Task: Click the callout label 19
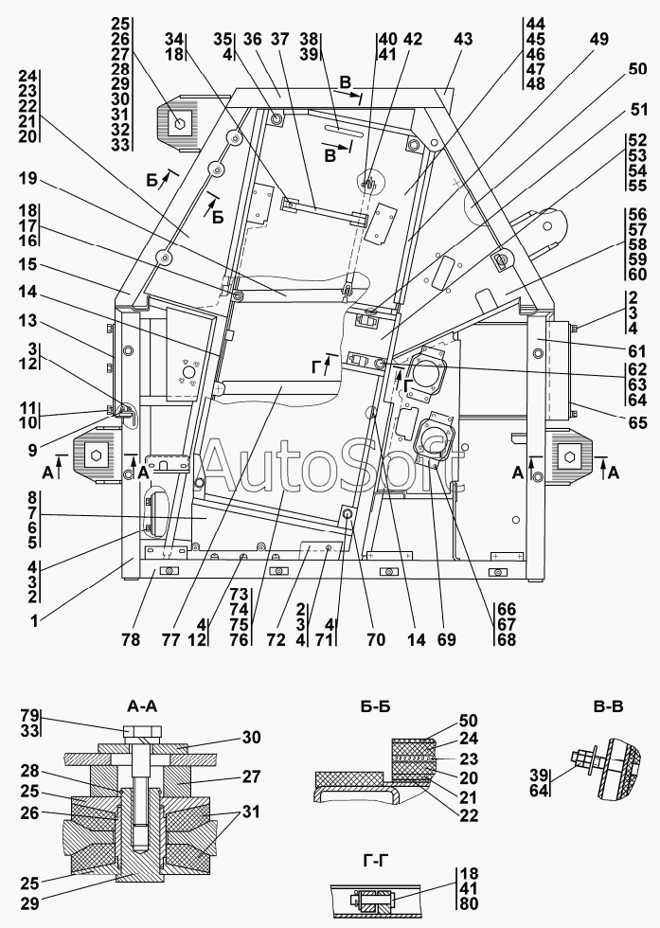click(x=28, y=179)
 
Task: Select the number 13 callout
click(x=28, y=322)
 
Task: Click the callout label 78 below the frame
click(x=130, y=640)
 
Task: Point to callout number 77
click(x=169, y=640)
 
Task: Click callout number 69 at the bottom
click(x=445, y=640)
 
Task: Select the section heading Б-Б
click(x=375, y=705)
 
